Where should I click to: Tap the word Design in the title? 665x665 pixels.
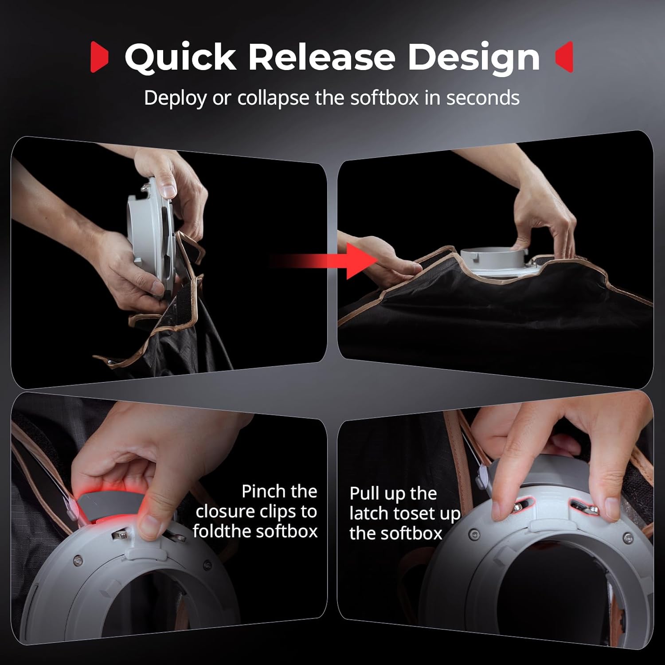pos(473,58)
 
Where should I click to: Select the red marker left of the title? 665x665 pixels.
pos(99,57)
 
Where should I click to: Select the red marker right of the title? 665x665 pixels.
pos(564,57)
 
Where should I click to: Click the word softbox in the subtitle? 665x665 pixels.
pos(384,98)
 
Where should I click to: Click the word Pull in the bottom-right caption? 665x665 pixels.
pos(365,493)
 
